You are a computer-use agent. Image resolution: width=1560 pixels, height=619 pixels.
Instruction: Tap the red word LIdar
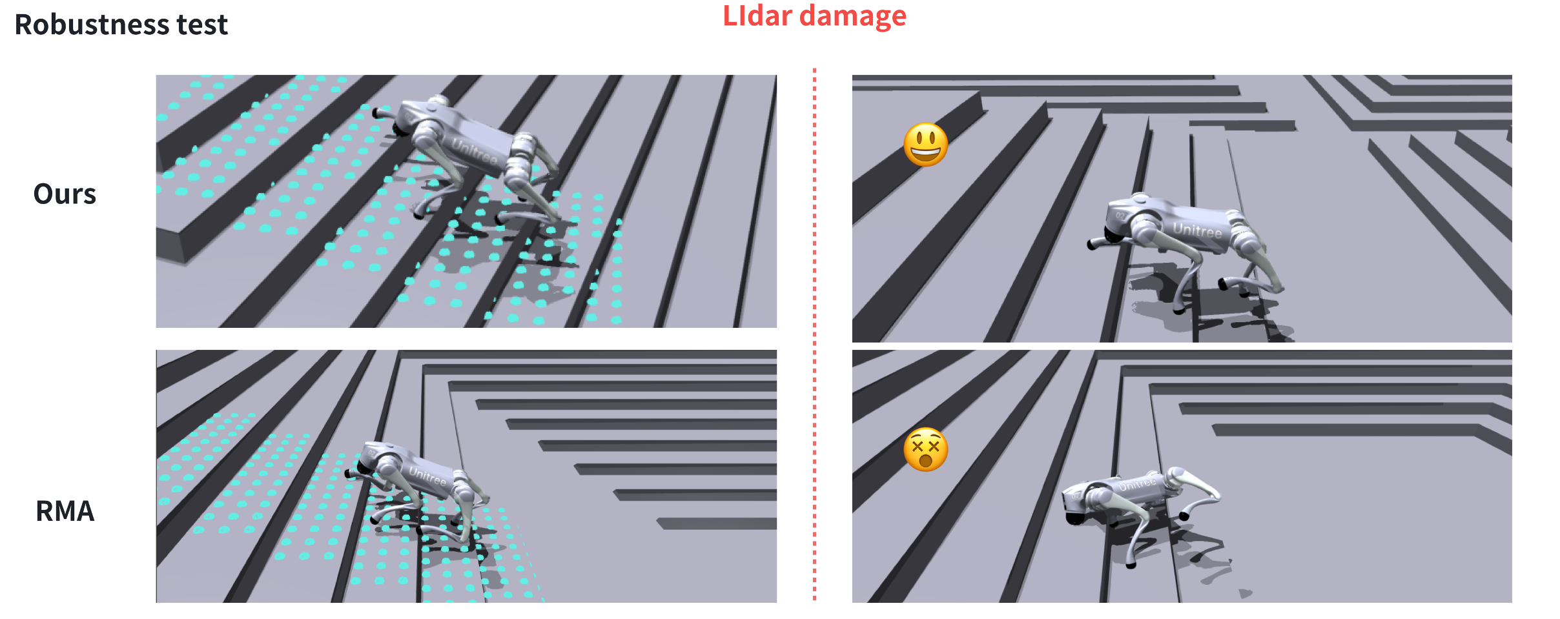pyautogui.click(x=757, y=15)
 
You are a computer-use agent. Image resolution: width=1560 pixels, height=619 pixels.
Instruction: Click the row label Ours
pyautogui.click(x=65, y=194)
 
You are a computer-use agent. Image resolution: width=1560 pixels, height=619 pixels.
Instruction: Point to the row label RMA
pyautogui.click(x=65, y=511)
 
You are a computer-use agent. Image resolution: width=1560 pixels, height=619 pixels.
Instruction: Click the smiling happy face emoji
pyautogui.click(x=926, y=145)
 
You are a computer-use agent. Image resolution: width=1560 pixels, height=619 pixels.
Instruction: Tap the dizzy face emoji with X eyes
pyautogui.click(x=926, y=449)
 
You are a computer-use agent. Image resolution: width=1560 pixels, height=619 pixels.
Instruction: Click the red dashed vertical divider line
pyautogui.click(x=815, y=334)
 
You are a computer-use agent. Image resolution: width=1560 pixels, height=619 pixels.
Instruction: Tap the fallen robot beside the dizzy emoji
pyautogui.click(x=1140, y=510)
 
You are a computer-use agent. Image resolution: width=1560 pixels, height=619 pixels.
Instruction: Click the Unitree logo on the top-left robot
pyautogui.click(x=474, y=152)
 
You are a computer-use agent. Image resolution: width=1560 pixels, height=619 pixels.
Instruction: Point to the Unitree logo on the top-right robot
pyautogui.click(x=1198, y=230)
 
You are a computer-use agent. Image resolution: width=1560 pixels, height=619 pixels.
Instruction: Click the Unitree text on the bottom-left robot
pyautogui.click(x=427, y=476)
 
